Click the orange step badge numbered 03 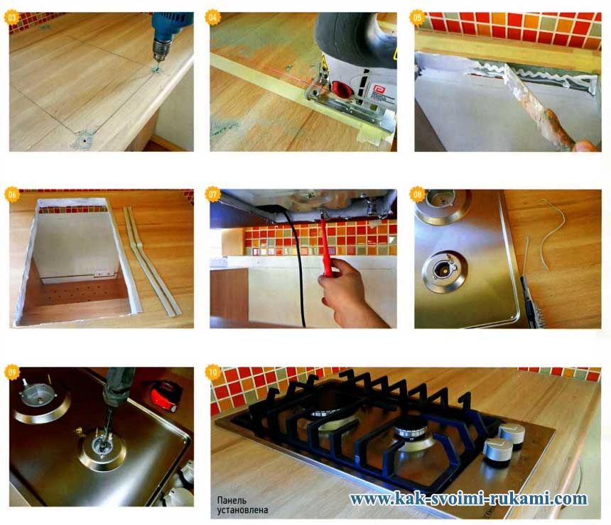(x=11, y=18)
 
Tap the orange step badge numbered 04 (x=212, y=18)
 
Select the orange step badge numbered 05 (x=417, y=18)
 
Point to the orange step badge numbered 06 (x=11, y=194)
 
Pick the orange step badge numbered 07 (x=212, y=194)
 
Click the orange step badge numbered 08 (x=417, y=194)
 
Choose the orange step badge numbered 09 (x=12, y=372)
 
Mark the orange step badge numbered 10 (x=212, y=372)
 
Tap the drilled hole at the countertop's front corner (x=83, y=138)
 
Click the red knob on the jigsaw (x=342, y=89)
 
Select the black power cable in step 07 (x=297, y=265)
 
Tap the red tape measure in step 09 (x=166, y=395)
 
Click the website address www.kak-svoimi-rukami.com (x=468, y=499)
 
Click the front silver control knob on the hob (x=497, y=452)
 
